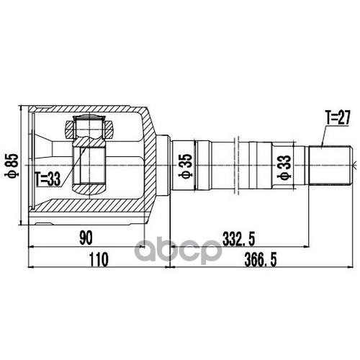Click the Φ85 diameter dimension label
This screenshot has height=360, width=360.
coord(12,166)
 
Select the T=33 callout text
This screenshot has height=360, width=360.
coord(48,179)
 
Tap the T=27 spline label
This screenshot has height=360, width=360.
coord(338,118)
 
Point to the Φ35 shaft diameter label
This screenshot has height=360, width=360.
coord(186,166)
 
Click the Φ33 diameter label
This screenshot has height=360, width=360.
coord(284,167)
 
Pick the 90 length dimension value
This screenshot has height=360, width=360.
coord(86,238)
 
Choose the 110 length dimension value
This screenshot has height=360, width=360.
coord(99,260)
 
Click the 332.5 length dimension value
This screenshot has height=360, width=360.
coord(238,238)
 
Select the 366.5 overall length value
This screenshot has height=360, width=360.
coord(261,260)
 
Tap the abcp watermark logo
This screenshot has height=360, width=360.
coord(178,251)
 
